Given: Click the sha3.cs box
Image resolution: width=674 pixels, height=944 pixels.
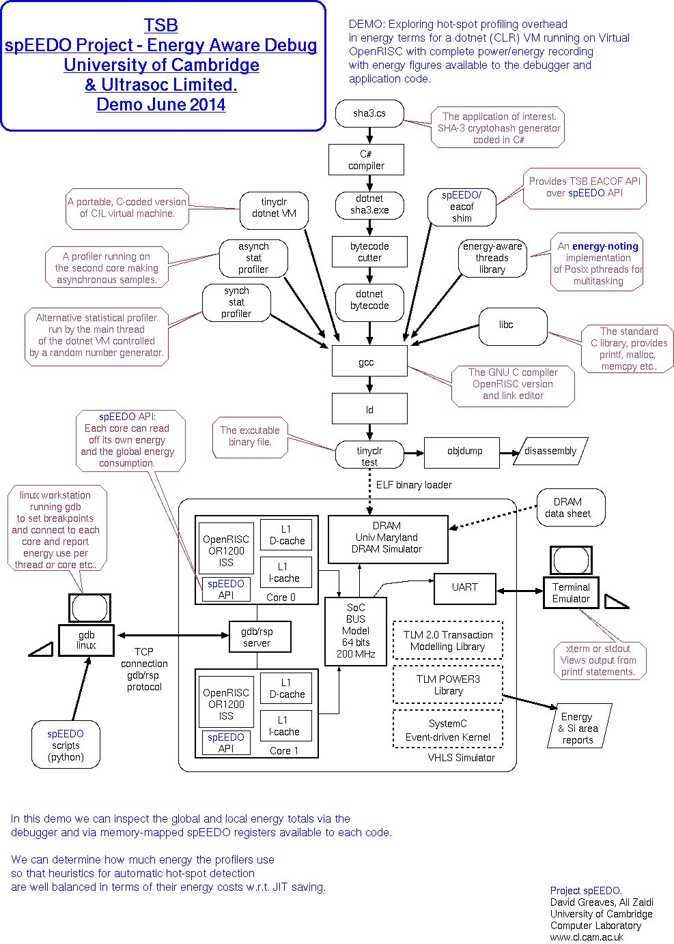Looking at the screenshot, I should [x=369, y=113].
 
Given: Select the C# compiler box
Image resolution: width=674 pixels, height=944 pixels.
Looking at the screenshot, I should [x=366, y=160].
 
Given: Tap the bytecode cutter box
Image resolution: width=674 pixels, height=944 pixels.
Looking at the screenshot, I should [x=369, y=252].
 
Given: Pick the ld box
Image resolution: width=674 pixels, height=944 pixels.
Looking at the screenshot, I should [x=369, y=409].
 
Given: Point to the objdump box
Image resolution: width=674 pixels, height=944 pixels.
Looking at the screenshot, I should [x=464, y=452].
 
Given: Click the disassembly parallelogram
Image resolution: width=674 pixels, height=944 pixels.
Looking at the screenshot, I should [x=550, y=452].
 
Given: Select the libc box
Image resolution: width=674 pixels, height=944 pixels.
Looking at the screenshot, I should [x=513, y=325].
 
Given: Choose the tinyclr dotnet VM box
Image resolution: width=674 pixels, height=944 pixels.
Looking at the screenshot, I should [x=274, y=208].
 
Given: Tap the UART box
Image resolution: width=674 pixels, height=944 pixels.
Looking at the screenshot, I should [x=464, y=588].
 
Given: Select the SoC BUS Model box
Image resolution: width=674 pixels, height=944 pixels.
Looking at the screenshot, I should [x=356, y=631].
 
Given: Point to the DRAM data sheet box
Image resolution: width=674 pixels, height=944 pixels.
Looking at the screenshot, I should [x=570, y=507].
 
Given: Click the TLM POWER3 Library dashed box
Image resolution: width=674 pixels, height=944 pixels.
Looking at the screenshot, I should [x=448, y=685].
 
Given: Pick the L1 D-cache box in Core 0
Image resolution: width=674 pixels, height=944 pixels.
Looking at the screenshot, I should [x=286, y=535].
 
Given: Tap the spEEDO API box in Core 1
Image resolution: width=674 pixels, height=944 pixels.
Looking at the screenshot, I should [x=225, y=743].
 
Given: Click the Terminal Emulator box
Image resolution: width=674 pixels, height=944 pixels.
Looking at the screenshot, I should [x=571, y=593].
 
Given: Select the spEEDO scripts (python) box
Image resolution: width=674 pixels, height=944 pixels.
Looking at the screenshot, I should [x=66, y=745].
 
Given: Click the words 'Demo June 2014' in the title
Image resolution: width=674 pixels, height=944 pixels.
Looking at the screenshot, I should [x=161, y=104].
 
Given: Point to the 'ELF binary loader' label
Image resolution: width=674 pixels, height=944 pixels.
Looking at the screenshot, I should [x=414, y=485].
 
